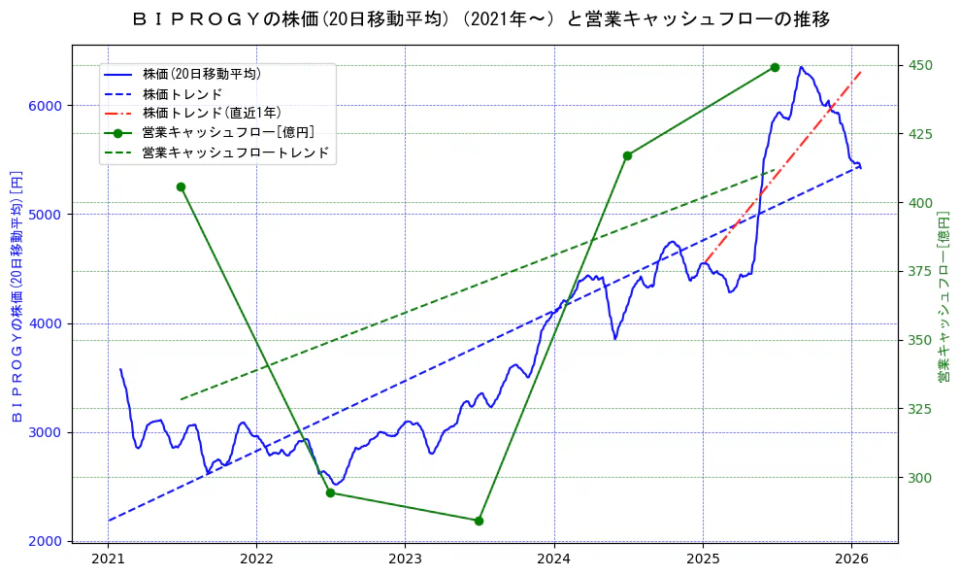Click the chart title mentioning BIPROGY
coord(480,18)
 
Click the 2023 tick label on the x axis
coord(405,559)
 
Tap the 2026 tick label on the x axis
coord(851,559)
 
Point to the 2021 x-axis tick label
coord(108,559)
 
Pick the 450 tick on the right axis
coord(916,65)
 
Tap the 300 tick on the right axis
coord(916,478)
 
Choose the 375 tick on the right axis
coord(916,271)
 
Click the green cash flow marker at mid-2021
coord(181,186)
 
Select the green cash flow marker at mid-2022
coord(330,492)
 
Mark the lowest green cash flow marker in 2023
coord(479,521)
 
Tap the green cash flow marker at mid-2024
coord(627,155)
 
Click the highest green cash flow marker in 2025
coord(775,67)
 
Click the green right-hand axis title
coord(943,295)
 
